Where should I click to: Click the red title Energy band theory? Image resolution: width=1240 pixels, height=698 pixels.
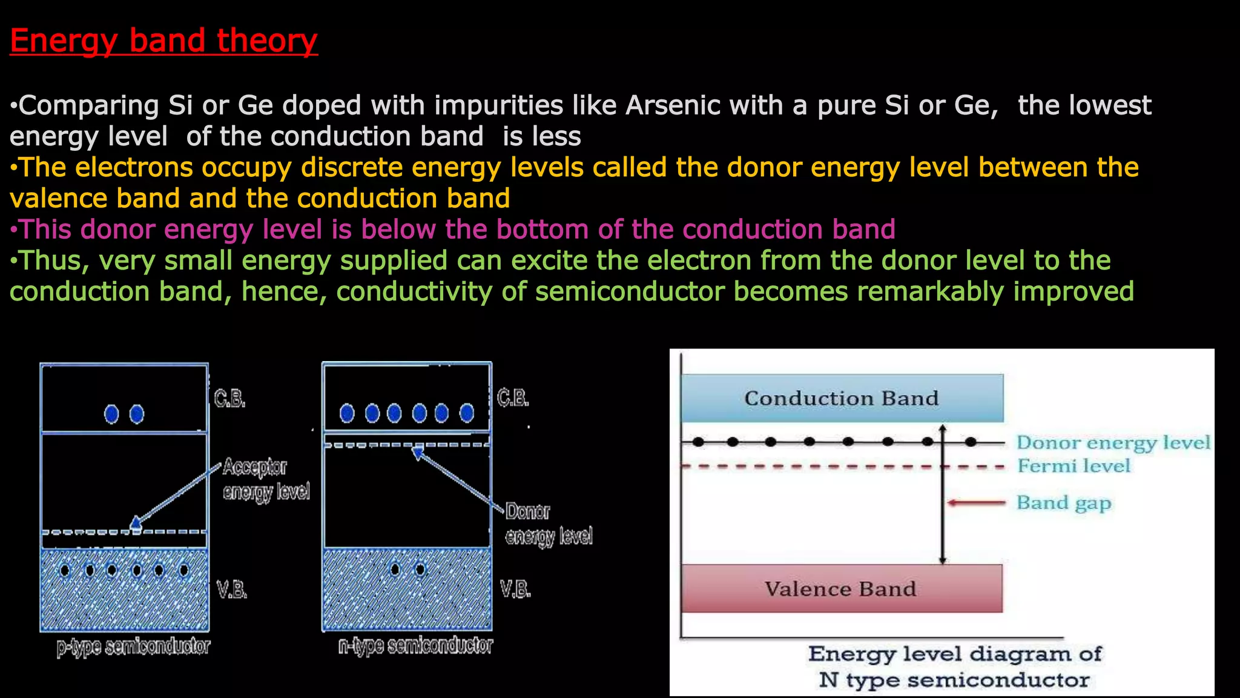point(163,41)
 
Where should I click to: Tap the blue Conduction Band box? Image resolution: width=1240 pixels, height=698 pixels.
point(842,398)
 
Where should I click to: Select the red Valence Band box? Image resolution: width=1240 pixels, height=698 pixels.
point(841,588)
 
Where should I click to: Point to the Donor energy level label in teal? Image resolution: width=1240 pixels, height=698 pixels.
point(1113,443)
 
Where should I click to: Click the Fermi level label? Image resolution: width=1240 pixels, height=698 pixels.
point(1073,466)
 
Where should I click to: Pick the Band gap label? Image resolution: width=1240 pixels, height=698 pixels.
point(1063,503)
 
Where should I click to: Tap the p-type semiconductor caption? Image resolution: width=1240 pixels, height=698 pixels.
point(133,646)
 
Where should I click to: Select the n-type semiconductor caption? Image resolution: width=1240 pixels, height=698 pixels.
point(415,646)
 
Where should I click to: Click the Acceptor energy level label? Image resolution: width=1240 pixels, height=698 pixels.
point(265,479)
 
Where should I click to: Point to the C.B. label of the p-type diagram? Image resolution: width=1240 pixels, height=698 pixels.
point(229,399)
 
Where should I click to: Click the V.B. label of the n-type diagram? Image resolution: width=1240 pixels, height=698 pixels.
point(515,589)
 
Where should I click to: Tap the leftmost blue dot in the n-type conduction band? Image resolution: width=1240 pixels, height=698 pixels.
point(347,413)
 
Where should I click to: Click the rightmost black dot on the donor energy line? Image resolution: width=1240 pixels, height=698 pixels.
point(971,442)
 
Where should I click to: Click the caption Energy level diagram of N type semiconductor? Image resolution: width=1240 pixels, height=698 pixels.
point(954,666)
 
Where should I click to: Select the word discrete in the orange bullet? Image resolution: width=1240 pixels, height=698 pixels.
point(352,168)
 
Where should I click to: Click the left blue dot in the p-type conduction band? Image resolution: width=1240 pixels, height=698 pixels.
point(111,414)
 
